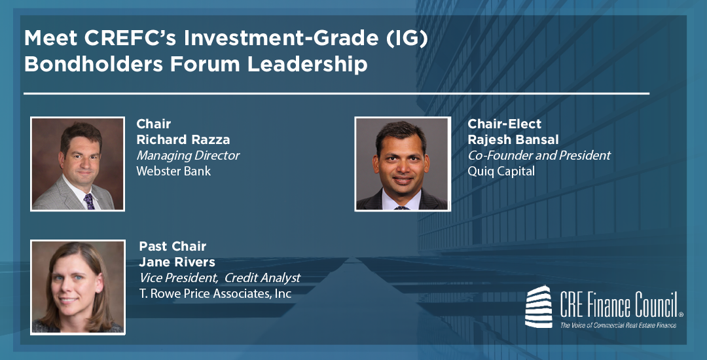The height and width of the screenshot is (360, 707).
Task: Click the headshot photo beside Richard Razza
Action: point(77,164)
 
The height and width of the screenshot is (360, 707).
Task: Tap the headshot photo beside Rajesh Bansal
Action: point(403,164)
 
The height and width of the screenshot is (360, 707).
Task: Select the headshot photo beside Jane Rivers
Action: point(77,287)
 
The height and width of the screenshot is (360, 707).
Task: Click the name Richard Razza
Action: point(183,139)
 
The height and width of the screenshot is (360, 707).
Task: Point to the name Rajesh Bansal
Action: point(513,139)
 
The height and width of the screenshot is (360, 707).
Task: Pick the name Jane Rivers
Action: point(177,262)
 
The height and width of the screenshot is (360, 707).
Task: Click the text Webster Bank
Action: point(173,171)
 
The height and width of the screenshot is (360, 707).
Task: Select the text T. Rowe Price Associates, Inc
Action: point(215,294)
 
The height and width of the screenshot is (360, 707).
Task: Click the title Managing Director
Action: point(188,156)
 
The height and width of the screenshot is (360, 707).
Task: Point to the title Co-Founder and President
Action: point(539,155)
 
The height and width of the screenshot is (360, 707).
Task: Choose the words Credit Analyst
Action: point(263,278)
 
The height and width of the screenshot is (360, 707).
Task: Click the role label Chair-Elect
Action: point(505,124)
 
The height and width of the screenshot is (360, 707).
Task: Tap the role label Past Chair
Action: point(173,247)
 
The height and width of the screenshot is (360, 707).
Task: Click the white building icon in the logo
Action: point(538,306)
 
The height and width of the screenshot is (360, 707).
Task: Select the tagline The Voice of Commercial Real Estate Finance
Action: point(618,325)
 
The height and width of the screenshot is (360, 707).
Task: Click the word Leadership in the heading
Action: point(307,64)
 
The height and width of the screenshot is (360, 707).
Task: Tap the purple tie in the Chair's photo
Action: point(89,202)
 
